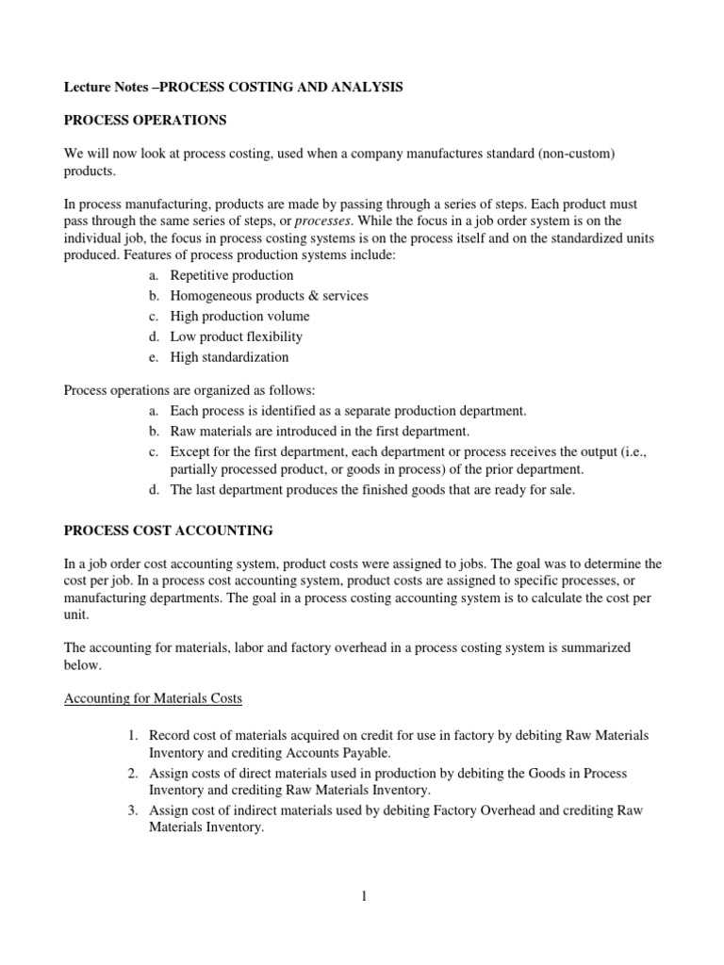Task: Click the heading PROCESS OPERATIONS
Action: click(x=137, y=122)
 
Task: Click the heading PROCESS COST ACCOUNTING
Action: click(x=168, y=531)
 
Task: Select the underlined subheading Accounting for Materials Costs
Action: click(x=152, y=699)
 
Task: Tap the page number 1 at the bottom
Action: click(x=362, y=896)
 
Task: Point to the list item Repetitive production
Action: click(x=231, y=275)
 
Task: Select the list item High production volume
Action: click(x=239, y=317)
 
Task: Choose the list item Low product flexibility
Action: click(x=236, y=336)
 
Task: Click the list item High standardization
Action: click(x=229, y=357)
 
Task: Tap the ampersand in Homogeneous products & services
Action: click(x=303, y=296)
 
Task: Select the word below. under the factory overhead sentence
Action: click(x=82, y=664)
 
